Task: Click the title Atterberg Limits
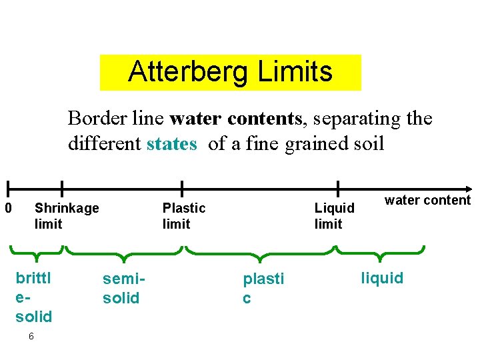pyautogui.click(x=230, y=72)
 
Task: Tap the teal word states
pyautogui.click(x=171, y=144)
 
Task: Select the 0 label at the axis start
pyautogui.click(x=9, y=208)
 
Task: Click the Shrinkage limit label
pyautogui.click(x=66, y=216)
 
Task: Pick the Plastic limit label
pyautogui.click(x=184, y=216)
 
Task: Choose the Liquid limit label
pyautogui.click(x=334, y=216)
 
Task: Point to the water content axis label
pyautogui.click(x=427, y=200)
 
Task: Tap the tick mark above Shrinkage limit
pyautogui.click(x=61, y=189)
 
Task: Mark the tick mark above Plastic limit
pyautogui.click(x=182, y=189)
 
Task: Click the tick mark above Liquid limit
pyautogui.click(x=338, y=189)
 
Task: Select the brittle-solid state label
pyautogui.click(x=34, y=296)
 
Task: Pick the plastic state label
pyautogui.click(x=263, y=288)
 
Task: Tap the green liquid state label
pyautogui.click(x=382, y=278)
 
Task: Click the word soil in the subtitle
pyautogui.click(x=365, y=144)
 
